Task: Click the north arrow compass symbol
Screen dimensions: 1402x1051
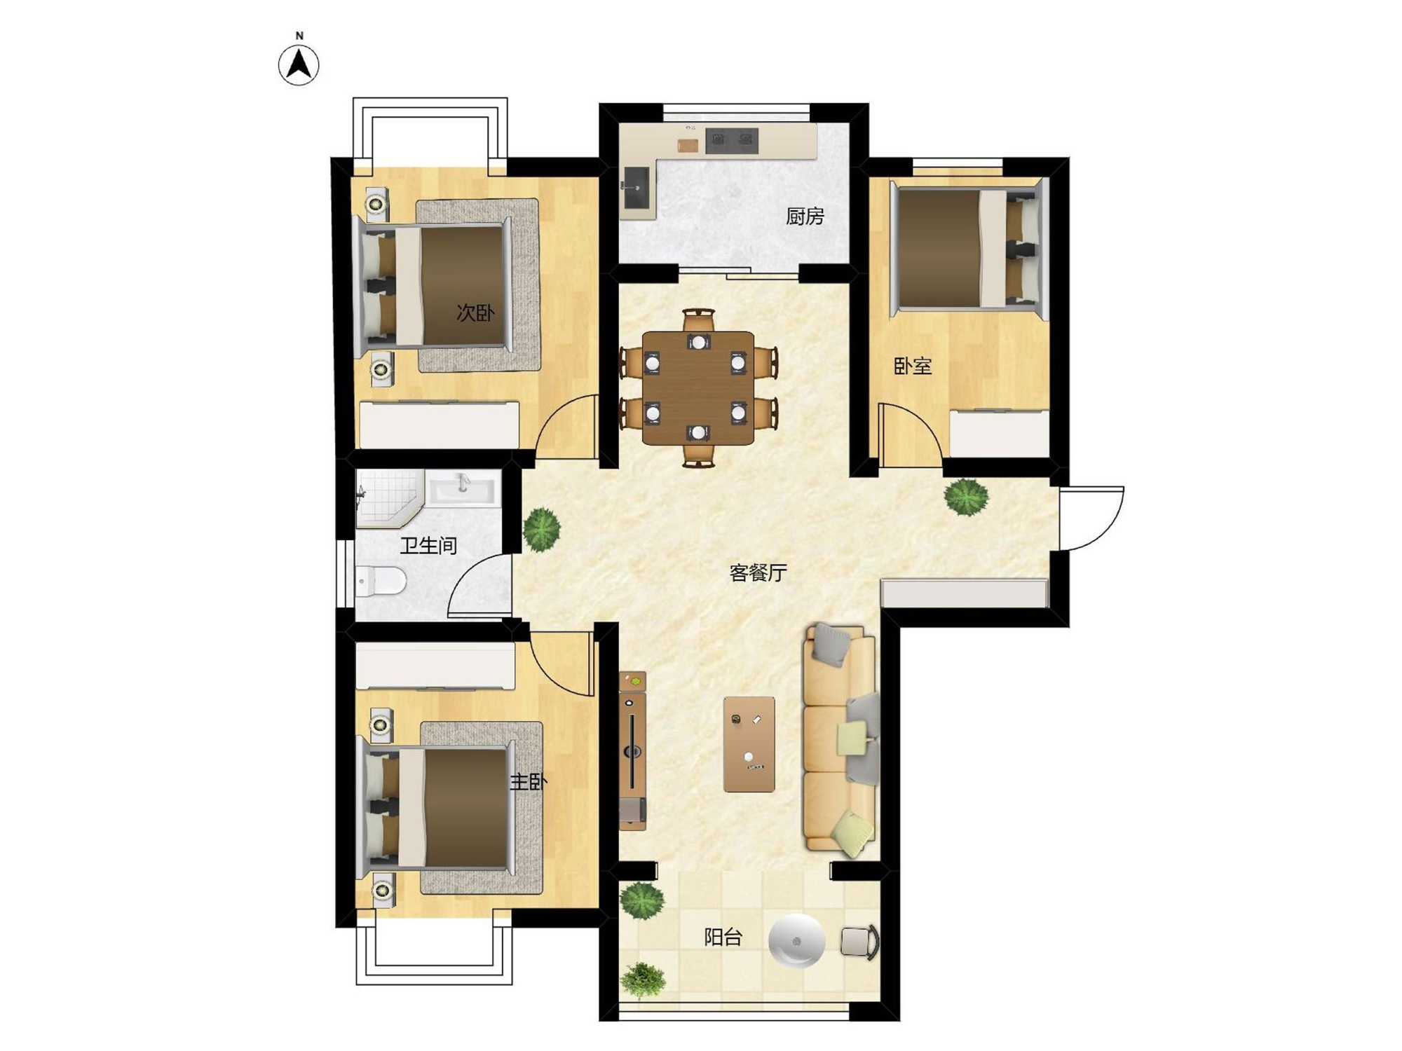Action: (x=299, y=65)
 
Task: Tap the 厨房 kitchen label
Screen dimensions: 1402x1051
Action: (x=805, y=217)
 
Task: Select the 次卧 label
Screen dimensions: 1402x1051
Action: (x=475, y=312)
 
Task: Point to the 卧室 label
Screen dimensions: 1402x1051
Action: (x=913, y=366)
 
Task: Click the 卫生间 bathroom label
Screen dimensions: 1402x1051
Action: (x=428, y=545)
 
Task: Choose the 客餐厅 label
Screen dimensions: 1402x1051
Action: (x=758, y=573)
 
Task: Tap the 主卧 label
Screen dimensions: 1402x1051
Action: (x=528, y=781)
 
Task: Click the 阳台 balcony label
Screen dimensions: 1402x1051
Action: (x=723, y=937)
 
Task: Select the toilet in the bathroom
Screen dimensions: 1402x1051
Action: (x=381, y=580)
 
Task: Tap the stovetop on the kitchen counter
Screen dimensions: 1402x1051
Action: (x=732, y=141)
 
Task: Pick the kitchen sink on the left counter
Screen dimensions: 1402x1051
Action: (x=637, y=188)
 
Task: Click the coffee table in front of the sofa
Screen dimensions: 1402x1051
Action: (x=749, y=744)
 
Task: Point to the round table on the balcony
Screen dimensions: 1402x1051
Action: (x=796, y=941)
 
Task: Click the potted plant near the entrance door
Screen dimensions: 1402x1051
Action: (x=967, y=497)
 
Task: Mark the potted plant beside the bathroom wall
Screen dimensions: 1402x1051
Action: (x=541, y=528)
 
